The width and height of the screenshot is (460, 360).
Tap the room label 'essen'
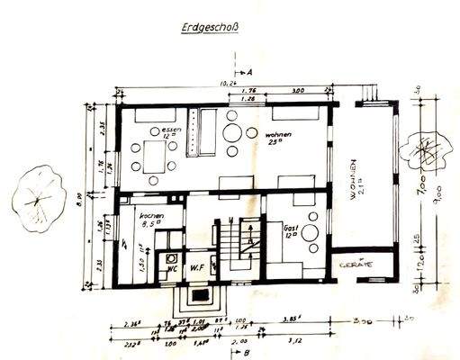coord(171,131)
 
